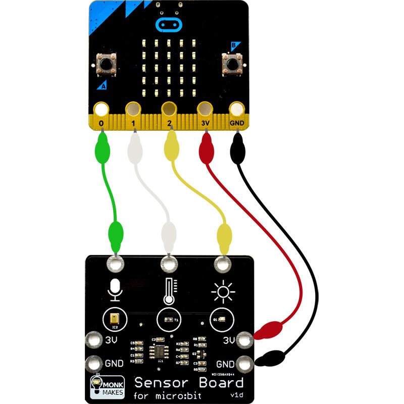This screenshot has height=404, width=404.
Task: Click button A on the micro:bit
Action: (x=107, y=64)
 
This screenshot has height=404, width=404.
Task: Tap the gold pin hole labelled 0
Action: (x=102, y=109)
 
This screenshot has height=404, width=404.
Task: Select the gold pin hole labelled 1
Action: (x=134, y=109)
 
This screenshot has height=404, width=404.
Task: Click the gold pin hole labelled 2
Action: (x=169, y=109)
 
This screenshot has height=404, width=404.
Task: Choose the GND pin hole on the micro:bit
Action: (x=237, y=109)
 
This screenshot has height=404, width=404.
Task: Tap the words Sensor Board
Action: (x=189, y=382)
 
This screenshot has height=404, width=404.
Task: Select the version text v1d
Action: (x=236, y=394)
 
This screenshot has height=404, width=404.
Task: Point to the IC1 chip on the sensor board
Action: (x=161, y=350)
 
